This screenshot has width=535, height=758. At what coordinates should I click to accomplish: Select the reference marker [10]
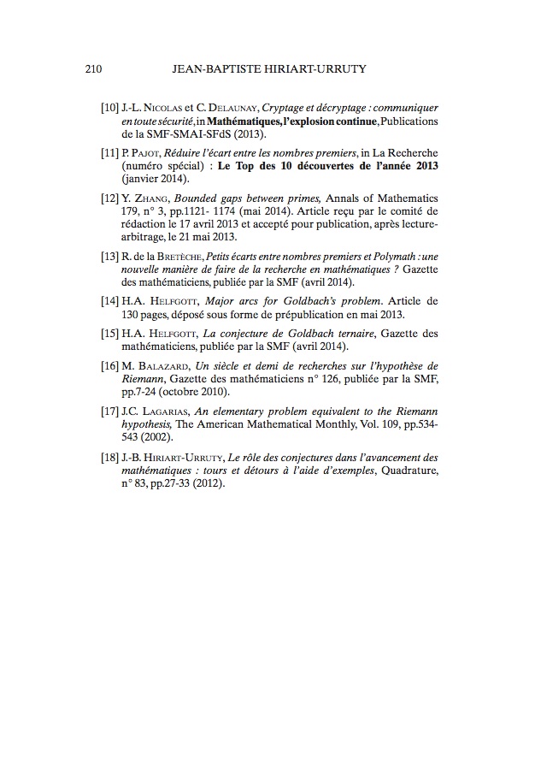[109, 109]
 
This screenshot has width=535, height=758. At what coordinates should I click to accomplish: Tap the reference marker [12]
[109, 197]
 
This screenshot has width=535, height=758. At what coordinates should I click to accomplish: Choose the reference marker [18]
[109, 459]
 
